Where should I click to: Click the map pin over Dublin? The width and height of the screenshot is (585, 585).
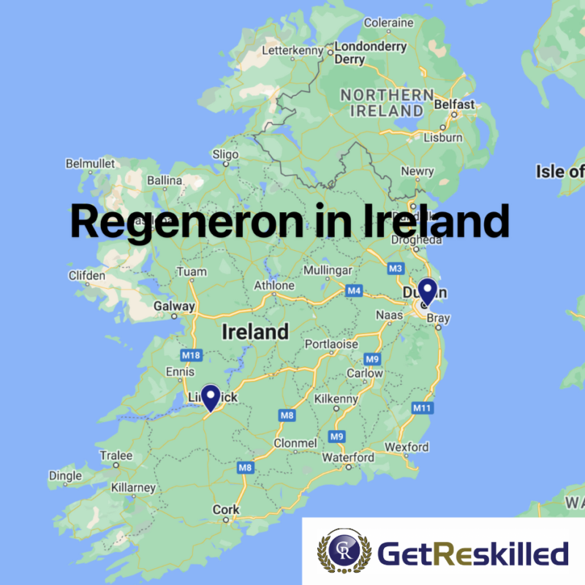coord(426,292)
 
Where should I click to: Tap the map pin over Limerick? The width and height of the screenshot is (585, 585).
coord(211,397)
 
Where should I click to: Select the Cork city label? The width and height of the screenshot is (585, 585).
coord(225,510)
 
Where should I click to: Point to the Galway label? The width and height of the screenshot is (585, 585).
coord(174,306)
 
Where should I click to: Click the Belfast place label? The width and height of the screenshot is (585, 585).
coord(454,105)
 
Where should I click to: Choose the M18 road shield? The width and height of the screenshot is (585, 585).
coord(191,355)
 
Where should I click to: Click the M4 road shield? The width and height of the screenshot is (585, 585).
coord(354,291)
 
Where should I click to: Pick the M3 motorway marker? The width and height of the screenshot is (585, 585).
coord(396,268)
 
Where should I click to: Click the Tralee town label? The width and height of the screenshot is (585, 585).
coord(116,456)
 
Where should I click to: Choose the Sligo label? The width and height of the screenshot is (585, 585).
coord(225,154)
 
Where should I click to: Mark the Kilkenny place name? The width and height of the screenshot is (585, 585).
coord(336,399)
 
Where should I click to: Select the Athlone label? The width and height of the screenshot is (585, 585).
coord(274,285)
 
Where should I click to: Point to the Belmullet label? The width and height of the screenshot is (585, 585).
coord(87,163)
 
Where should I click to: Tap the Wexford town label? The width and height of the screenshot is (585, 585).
coord(407,447)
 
